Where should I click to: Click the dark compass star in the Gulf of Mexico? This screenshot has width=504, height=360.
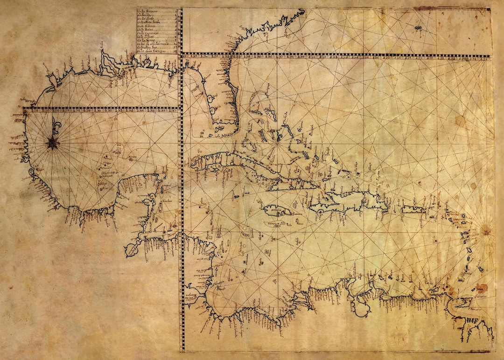pyautogui.click(x=52, y=143)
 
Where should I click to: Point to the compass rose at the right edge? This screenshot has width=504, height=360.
pyautogui.click(x=486, y=230)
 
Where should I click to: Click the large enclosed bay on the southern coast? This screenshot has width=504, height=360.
pyautogui.click(x=362, y=305)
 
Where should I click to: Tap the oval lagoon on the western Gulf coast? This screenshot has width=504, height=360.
pyautogui.click(x=33, y=172)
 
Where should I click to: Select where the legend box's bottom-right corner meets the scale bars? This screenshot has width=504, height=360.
pyautogui.click(x=180, y=55)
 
